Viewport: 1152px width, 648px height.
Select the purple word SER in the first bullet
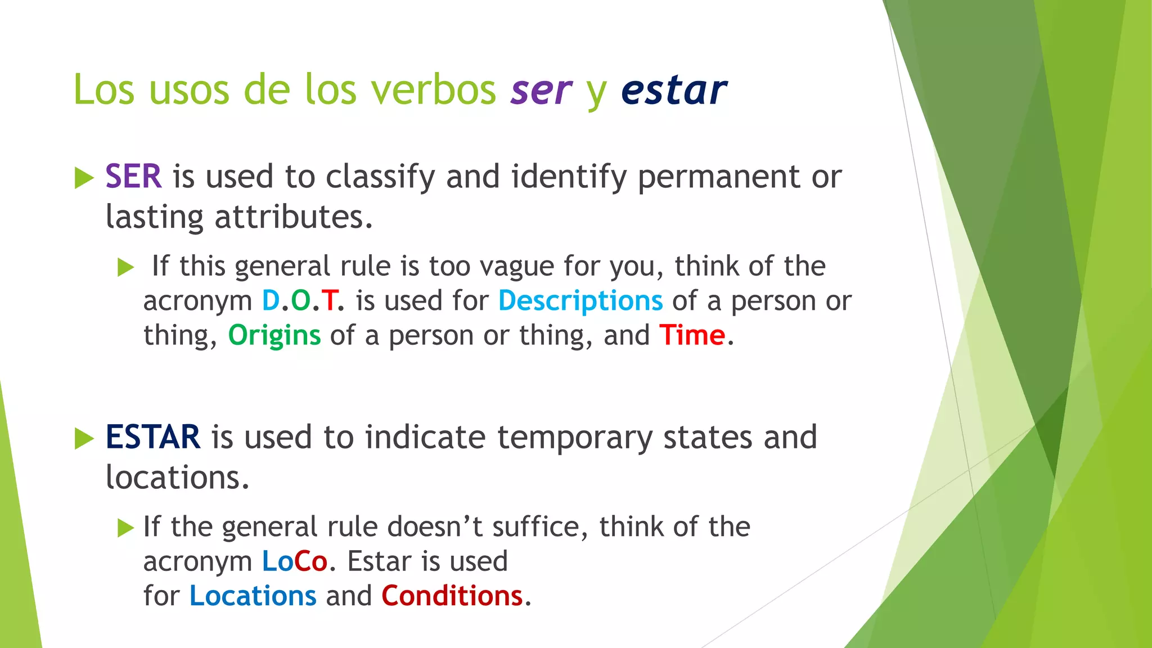coord(133,177)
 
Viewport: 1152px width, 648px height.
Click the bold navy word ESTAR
coord(152,437)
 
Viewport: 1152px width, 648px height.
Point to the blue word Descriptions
coord(580,301)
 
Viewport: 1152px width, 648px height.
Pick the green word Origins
coord(274,336)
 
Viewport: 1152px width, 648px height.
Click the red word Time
coord(692,336)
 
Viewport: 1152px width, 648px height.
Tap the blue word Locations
coord(253,596)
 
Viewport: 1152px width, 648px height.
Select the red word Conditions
coord(452,596)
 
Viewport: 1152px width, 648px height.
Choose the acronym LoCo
coord(294,561)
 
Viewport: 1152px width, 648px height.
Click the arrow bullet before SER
coord(84,178)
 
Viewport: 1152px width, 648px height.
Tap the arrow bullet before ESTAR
coord(84,439)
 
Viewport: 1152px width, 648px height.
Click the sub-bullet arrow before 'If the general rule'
coord(125,528)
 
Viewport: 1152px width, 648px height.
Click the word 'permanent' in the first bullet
coord(718,177)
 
